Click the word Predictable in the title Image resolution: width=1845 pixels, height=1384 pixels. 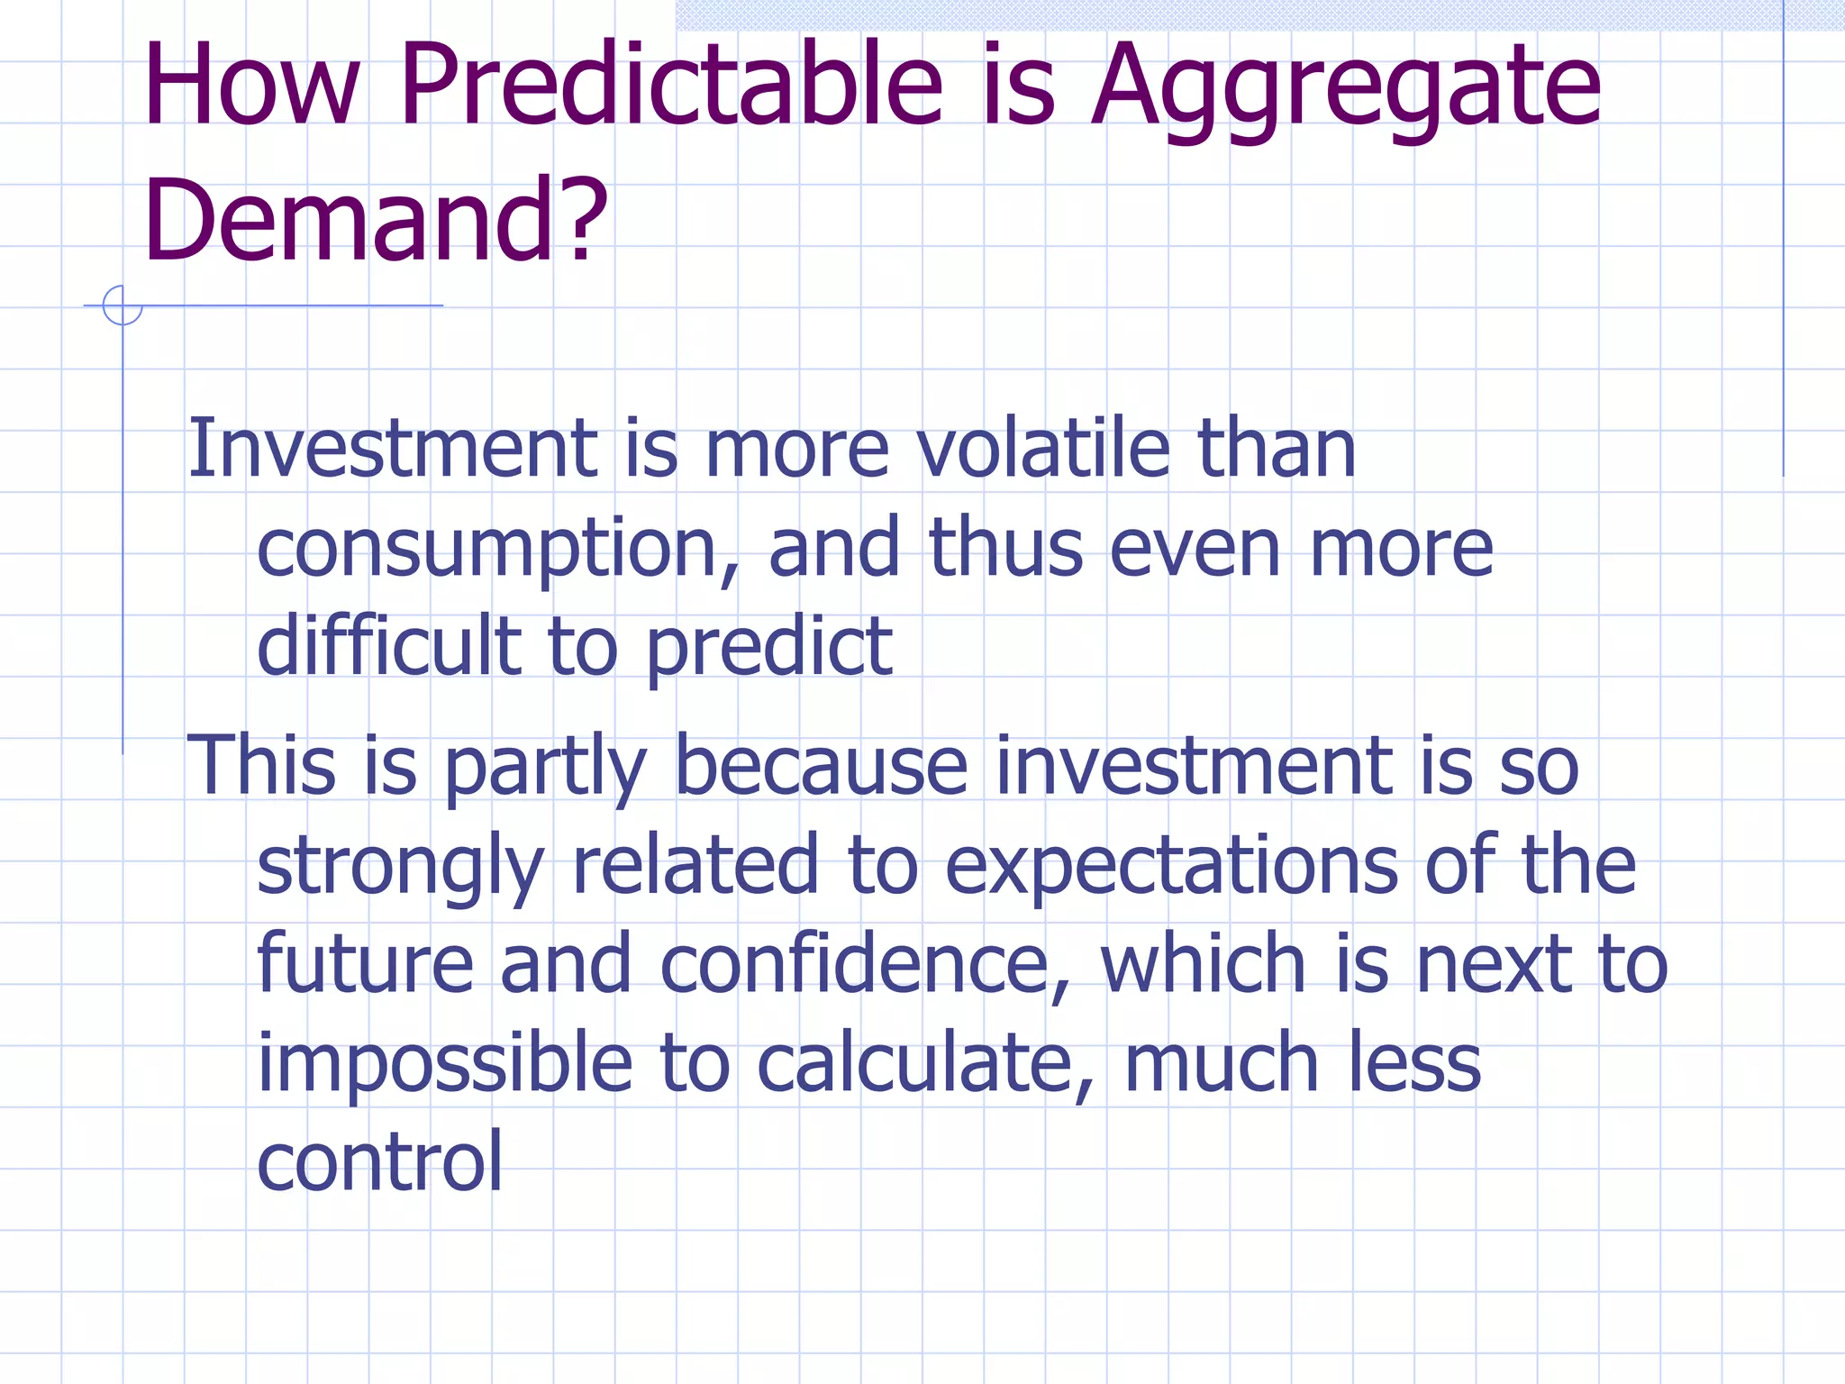click(671, 86)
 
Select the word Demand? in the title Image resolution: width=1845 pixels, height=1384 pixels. click(375, 221)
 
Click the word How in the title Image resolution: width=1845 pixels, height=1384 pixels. click(251, 86)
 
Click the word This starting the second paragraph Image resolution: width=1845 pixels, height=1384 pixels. click(261, 766)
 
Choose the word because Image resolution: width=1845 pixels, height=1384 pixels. click(821, 766)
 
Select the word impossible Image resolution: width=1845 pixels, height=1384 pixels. click(445, 1063)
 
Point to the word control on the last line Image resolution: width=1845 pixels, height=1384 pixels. click(379, 1162)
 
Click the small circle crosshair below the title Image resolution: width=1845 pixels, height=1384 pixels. click(123, 305)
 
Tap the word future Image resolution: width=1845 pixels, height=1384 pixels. click(365, 964)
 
